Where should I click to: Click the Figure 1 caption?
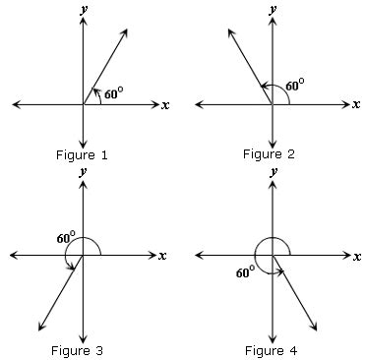click(84, 155)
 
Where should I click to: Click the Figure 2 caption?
click(271, 154)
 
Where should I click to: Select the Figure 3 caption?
click(84, 349)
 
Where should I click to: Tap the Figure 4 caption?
click(271, 349)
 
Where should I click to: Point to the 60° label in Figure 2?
click(294, 86)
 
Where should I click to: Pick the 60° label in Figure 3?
click(66, 237)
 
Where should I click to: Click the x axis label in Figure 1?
click(166, 104)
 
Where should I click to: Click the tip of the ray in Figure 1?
click(128, 30)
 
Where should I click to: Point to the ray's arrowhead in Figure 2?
click(228, 30)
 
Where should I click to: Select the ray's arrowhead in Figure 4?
click(316, 329)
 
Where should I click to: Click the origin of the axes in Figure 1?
click(85, 103)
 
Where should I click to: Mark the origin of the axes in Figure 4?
click(272, 255)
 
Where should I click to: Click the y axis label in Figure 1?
click(84, 8)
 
